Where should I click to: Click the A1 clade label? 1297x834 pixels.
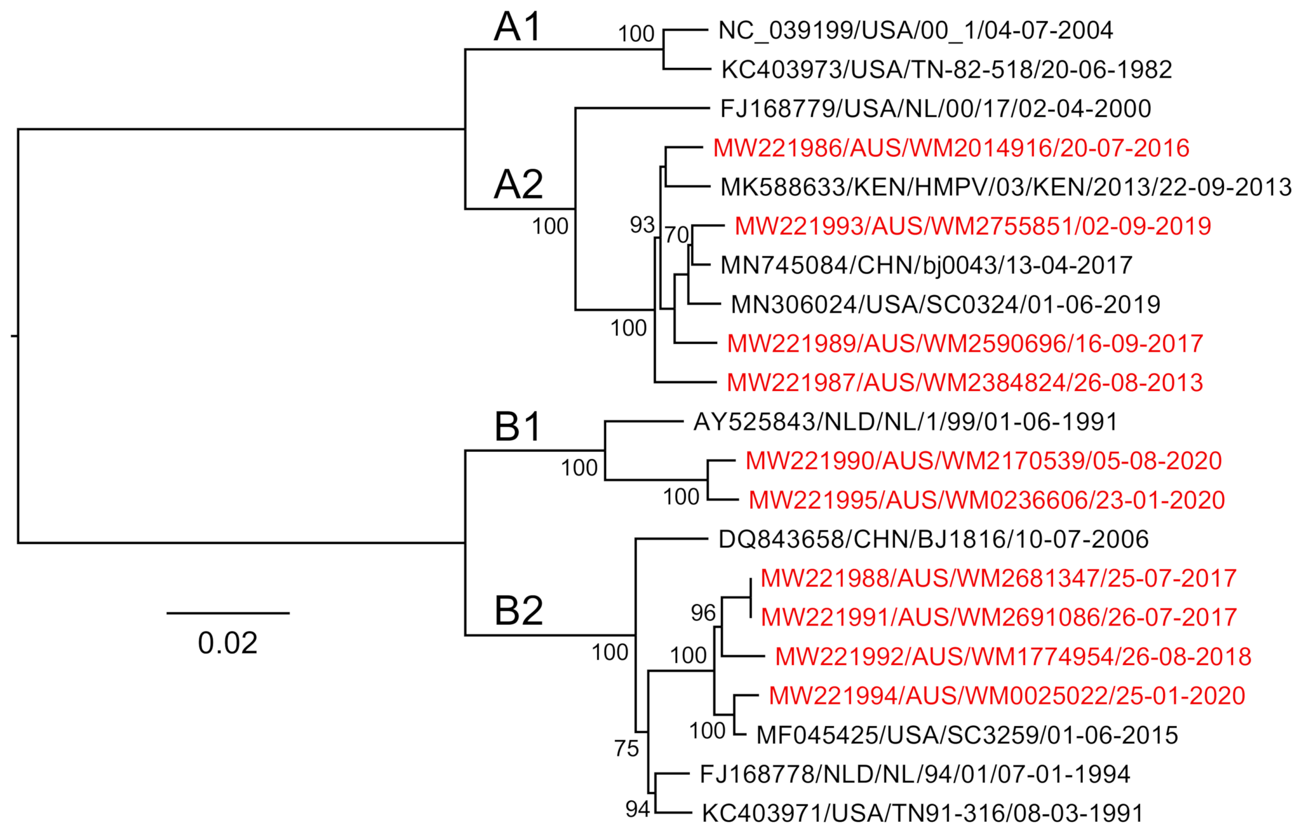pyautogui.click(x=518, y=27)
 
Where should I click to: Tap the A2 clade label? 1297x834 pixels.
pyautogui.click(x=518, y=185)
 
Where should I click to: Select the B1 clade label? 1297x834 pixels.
pyautogui.click(x=518, y=427)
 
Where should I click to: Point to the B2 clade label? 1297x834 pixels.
pyautogui.click(x=518, y=611)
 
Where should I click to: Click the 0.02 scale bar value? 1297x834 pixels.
pyautogui.click(x=228, y=644)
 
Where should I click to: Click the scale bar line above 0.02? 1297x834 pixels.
pyautogui.click(x=228, y=613)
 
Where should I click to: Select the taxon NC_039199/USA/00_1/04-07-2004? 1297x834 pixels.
pyautogui.click(x=915, y=30)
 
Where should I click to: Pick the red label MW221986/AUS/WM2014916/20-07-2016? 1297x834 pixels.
pyautogui.click(x=951, y=148)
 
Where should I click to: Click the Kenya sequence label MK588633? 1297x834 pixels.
pyautogui.click(x=1006, y=187)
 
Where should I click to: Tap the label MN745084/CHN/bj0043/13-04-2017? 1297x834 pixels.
pyautogui.click(x=926, y=265)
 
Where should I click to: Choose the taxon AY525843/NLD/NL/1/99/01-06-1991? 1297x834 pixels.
pyautogui.click(x=905, y=422)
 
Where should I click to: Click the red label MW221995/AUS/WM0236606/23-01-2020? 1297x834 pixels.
pyautogui.click(x=986, y=500)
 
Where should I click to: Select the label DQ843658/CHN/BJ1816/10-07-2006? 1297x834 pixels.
pyautogui.click(x=933, y=540)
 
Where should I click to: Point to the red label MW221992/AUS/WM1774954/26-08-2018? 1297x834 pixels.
pyautogui.click(x=1013, y=657)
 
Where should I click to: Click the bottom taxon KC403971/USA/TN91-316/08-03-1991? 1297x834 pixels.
pyautogui.click(x=923, y=814)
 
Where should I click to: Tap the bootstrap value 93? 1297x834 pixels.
pyautogui.click(x=642, y=225)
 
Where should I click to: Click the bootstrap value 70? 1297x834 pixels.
pyautogui.click(x=676, y=235)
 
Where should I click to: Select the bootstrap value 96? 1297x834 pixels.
pyautogui.click(x=703, y=613)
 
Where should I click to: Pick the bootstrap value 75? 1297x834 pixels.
pyautogui.click(x=626, y=749)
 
